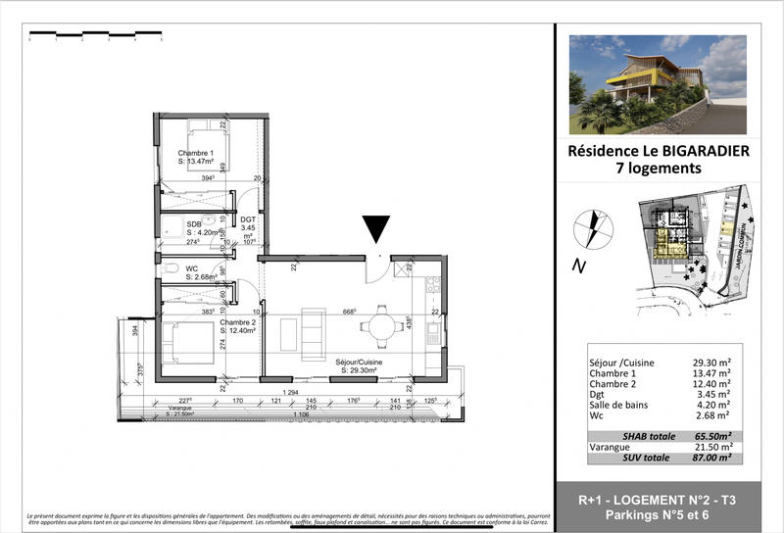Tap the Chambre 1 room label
tap(195, 154)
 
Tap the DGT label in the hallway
tap(248, 220)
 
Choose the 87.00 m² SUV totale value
tap(711, 458)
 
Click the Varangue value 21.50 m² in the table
tap(711, 446)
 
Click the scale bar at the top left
tap(95, 37)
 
